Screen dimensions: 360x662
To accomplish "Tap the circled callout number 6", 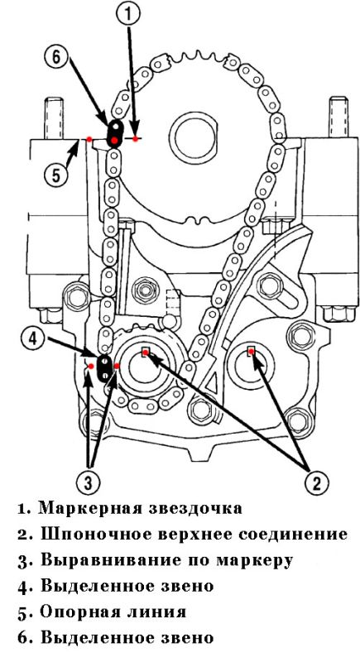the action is tap(57, 57).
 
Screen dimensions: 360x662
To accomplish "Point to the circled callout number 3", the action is tap(89, 481).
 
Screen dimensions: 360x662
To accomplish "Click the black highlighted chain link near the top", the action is tap(115, 133).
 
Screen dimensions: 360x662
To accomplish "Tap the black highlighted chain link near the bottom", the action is tap(104, 367).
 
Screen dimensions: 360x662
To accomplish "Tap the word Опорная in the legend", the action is tap(79, 612).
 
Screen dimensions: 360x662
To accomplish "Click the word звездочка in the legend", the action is tap(197, 508).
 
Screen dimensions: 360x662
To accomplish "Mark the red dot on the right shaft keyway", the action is tap(251, 351).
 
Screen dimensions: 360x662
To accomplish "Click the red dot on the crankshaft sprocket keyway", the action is tap(145, 353).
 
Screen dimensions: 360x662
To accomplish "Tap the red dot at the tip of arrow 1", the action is tap(135, 138).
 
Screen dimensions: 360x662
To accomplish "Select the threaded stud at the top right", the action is tap(338, 118).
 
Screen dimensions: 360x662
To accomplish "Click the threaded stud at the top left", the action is tap(54, 118).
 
